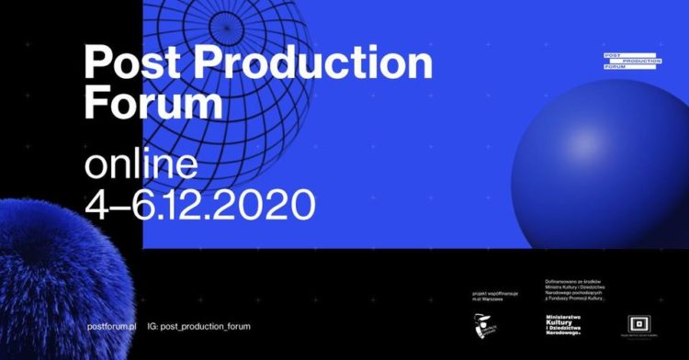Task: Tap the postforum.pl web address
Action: (110, 326)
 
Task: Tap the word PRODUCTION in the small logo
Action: (641, 61)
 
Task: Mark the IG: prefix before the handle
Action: (152, 326)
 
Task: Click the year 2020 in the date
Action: (265, 203)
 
